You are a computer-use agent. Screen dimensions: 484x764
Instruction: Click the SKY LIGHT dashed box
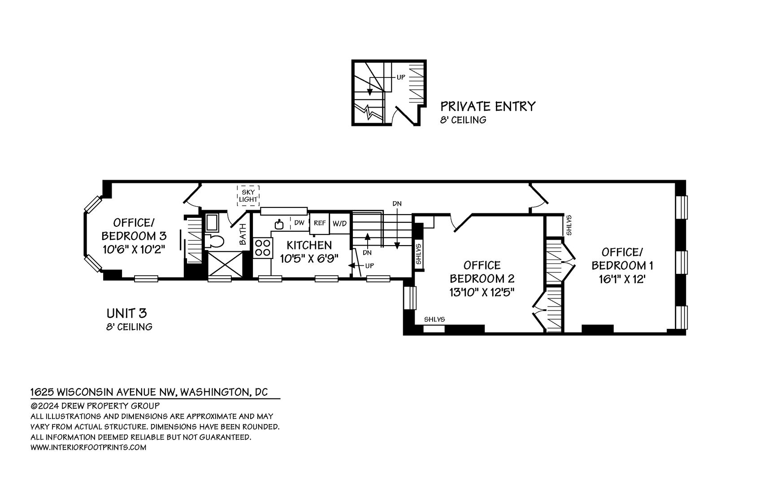click(x=248, y=195)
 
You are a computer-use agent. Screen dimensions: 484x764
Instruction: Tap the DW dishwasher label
click(x=300, y=223)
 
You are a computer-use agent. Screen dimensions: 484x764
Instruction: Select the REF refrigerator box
click(x=319, y=223)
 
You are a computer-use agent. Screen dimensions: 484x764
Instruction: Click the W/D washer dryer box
click(x=339, y=223)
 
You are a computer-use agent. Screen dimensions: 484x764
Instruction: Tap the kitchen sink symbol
click(x=279, y=223)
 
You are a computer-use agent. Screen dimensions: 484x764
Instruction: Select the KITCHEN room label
click(x=309, y=245)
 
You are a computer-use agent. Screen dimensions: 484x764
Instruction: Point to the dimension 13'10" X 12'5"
click(x=482, y=292)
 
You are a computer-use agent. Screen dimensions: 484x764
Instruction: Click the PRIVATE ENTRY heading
click(x=488, y=106)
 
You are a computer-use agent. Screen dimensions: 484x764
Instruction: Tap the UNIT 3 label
click(x=126, y=313)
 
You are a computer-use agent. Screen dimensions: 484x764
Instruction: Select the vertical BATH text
click(x=243, y=234)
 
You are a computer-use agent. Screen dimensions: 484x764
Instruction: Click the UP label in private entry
click(x=400, y=77)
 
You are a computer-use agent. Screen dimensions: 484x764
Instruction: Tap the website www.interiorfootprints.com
click(x=88, y=447)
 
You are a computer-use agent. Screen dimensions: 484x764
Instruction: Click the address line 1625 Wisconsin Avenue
click(x=149, y=392)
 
